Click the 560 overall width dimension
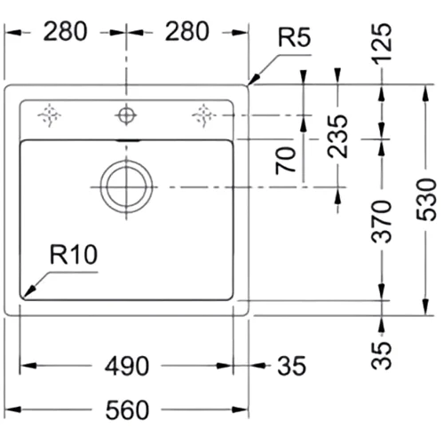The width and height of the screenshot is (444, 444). [x=127, y=410]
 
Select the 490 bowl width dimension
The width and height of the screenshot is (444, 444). [x=127, y=366]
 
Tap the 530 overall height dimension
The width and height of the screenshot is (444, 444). [x=426, y=200]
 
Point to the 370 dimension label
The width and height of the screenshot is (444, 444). [x=382, y=221]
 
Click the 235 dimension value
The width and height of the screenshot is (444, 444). [x=337, y=136]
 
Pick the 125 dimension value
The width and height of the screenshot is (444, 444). [x=382, y=44]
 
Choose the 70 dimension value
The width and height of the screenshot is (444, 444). [x=286, y=161]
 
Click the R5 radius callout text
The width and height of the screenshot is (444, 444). [x=295, y=37]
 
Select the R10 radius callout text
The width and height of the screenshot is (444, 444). [x=74, y=254]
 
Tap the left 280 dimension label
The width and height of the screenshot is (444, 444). [x=66, y=31]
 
